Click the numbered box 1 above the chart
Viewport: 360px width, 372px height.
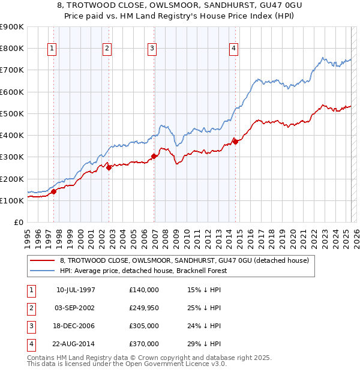(52, 49)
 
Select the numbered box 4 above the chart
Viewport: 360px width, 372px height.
(233, 49)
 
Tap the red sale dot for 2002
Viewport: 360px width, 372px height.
(109, 168)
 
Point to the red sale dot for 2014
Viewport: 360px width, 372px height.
(236, 142)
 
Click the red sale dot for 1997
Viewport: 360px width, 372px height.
(53, 192)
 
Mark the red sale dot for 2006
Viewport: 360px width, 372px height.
(154, 156)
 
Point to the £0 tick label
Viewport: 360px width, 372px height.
(18, 223)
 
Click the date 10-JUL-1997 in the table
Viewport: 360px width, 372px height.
(76, 290)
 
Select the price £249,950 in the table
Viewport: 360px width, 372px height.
(144, 308)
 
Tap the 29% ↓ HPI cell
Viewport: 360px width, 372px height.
(204, 344)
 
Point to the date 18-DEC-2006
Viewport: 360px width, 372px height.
(76, 326)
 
